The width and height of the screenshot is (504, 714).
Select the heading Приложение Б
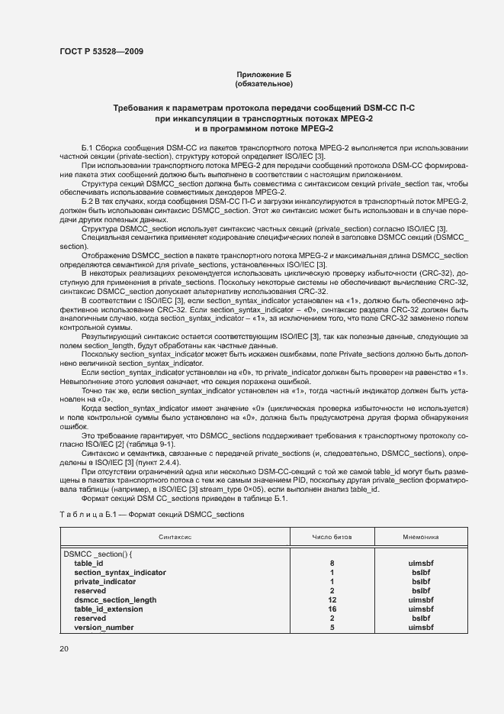click(264, 74)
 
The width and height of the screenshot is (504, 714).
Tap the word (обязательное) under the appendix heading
click(264, 84)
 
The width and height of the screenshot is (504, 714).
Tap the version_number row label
click(104, 627)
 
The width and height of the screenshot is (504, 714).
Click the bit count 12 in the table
click(332, 599)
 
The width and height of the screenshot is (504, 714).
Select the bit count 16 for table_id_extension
click(332, 609)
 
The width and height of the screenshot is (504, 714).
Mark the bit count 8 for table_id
click(332, 563)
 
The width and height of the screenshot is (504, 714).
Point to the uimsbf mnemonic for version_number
click(421, 627)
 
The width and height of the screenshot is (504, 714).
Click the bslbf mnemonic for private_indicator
click(421, 581)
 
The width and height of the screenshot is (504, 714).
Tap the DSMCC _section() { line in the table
click(98, 554)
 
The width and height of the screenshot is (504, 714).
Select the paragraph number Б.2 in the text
click(87, 199)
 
